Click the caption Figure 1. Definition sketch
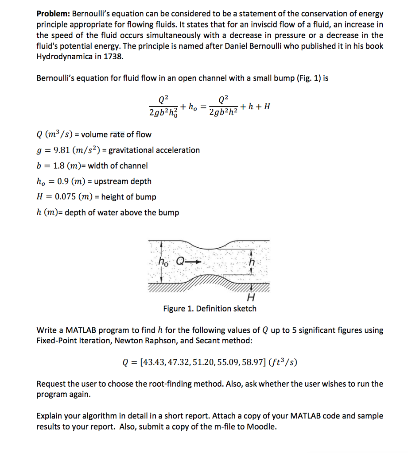(x=210, y=309)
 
